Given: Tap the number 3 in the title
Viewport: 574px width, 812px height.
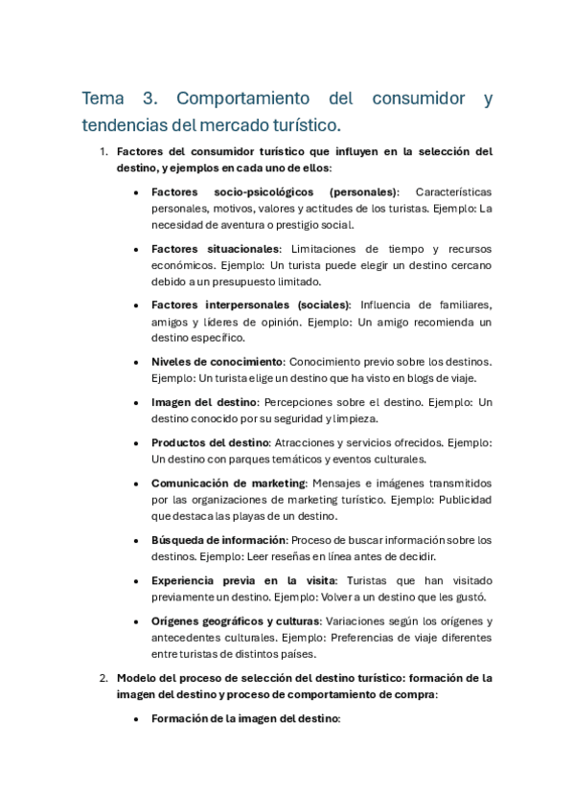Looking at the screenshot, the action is coord(149,99).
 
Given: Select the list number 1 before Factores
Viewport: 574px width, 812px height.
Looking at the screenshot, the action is coord(103,151).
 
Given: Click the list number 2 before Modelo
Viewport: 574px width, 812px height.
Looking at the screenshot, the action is coord(103,678).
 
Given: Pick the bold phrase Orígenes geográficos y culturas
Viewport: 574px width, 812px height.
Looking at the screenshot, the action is coord(234,621).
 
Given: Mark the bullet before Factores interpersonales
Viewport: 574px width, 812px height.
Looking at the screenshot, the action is coord(138,305).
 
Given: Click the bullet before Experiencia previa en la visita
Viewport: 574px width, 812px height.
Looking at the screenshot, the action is coord(138,581).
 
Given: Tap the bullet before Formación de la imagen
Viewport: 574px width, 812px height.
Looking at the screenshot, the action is coord(138,718).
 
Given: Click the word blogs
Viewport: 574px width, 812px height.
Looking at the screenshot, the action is coord(407,377).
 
